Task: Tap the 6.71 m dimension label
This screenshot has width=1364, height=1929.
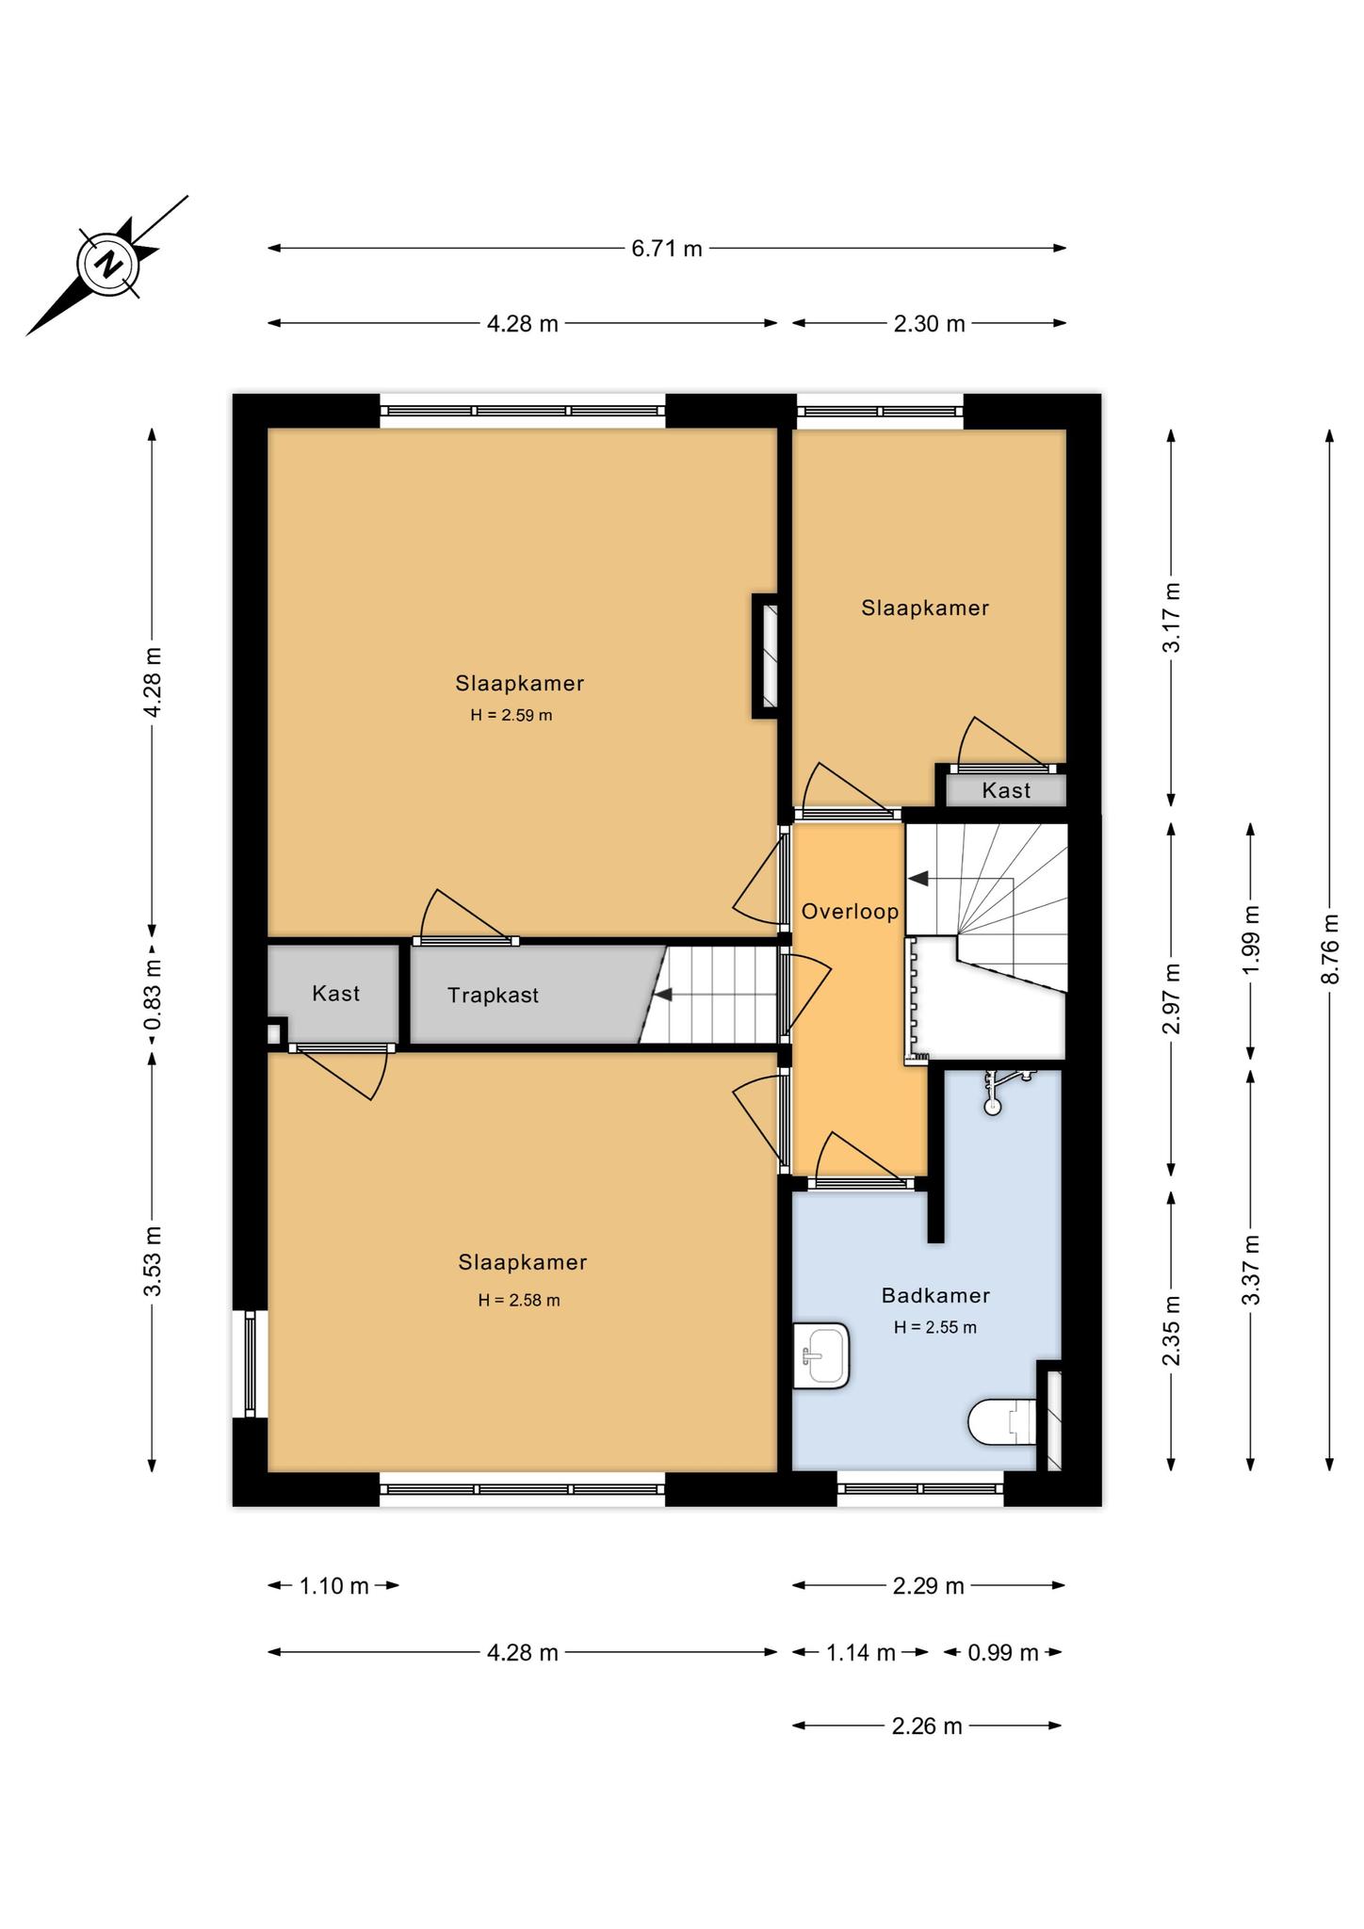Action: pos(667,249)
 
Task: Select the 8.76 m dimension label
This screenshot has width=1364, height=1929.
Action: pos(1329,949)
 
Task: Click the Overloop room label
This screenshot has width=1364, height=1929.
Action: pos(850,912)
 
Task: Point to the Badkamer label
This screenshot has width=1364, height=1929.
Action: pos(935,1295)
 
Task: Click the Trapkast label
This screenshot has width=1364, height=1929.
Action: pos(493,995)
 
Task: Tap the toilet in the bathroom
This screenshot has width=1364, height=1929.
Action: pos(1002,1422)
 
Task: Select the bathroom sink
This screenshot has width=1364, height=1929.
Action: pos(821,1356)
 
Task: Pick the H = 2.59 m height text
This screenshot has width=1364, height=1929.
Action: pos(511,715)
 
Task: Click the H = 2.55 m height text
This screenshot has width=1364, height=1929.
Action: pos(935,1327)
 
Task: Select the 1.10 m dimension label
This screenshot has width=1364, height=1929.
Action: pos(334,1586)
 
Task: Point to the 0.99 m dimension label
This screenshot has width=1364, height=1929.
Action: pos(1003,1653)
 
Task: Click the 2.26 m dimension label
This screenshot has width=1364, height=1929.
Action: pos(927,1726)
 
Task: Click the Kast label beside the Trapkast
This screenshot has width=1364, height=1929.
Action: pos(335,993)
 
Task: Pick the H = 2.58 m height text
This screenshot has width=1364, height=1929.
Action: pos(519,1301)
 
